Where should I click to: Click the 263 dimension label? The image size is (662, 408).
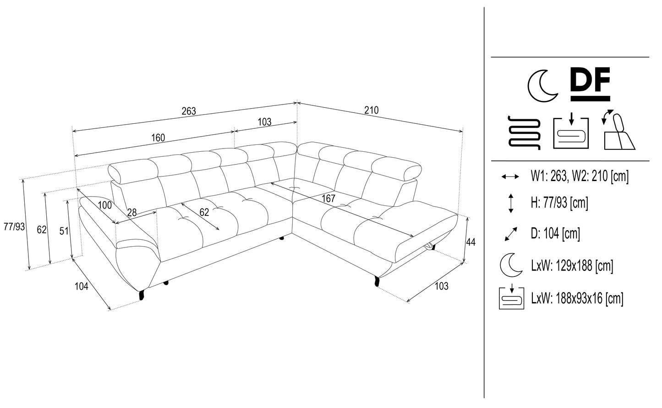pos(189,111)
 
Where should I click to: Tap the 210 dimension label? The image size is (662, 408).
pos(372,110)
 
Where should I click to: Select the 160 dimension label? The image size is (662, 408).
pos(158,138)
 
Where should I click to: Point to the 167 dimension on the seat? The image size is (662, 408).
pos(328,199)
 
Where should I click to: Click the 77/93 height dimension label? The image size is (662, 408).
pos(14,226)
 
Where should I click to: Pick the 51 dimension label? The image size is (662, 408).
pos(64,231)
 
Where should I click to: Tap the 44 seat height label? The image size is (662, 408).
pos(470,242)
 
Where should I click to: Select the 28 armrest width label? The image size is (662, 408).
pos(132,212)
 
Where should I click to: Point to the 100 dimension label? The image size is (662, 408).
pos(105,205)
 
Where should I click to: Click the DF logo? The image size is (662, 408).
pos(591,84)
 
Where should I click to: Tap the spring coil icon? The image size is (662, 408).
pos(524,132)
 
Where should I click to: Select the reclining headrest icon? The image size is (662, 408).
pos(618,130)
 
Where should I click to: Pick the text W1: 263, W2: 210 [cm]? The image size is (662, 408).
pos(580,176)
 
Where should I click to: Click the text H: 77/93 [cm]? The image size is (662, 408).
pos(559,203)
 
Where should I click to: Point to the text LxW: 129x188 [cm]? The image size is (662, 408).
pos(572,265)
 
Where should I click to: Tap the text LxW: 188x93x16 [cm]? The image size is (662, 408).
pos(577,299)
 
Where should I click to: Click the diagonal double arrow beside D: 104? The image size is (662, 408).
pos(510,234)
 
